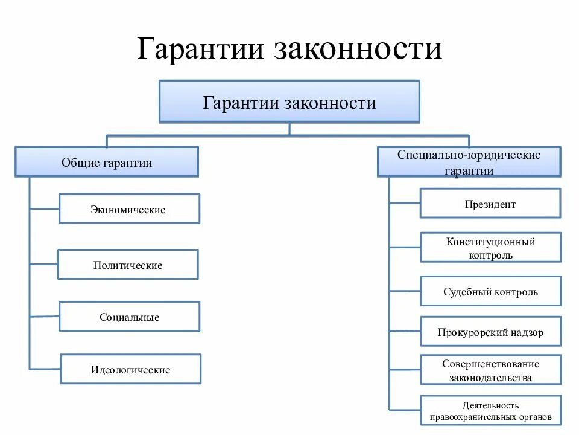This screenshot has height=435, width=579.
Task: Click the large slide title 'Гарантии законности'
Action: pyautogui.click(x=289, y=49)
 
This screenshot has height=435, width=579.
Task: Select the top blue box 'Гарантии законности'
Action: pyautogui.click(x=289, y=102)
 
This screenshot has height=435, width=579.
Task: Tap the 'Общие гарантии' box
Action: pyautogui.click(x=107, y=162)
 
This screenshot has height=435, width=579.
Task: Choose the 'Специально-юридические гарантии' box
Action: pyautogui.click(x=469, y=162)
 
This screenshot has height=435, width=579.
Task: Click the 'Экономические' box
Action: pyautogui.click(x=129, y=209)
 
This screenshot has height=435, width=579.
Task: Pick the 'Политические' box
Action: pyautogui.click(x=128, y=265)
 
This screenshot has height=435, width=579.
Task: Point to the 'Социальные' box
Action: pyautogui.click(x=129, y=317)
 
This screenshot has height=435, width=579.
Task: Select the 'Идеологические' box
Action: pyautogui.click(x=130, y=369)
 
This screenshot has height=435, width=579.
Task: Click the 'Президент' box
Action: pyautogui.click(x=490, y=204)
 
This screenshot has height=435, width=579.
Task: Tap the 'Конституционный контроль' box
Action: pyautogui.click(x=490, y=248)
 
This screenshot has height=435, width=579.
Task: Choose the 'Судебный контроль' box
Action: pyautogui.click(x=490, y=292)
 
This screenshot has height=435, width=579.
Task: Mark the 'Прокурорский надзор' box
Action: pyautogui.click(x=490, y=332)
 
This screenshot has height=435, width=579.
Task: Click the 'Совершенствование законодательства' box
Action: pyautogui.click(x=490, y=370)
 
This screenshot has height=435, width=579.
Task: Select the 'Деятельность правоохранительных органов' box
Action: pyautogui.click(x=490, y=411)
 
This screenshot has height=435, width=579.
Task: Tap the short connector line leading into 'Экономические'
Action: pyautogui.click(x=44, y=209)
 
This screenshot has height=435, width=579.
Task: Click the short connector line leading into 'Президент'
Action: pyautogui.click(x=405, y=203)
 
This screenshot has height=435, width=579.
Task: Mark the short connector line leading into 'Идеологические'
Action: pyautogui.click(x=45, y=369)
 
